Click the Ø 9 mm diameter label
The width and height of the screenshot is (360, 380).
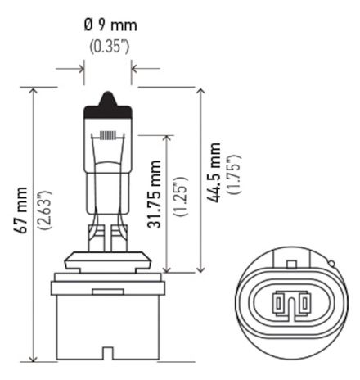pos(108,25)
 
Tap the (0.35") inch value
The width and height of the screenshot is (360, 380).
pos(108,46)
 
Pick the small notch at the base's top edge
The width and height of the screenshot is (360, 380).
pos(101,290)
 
